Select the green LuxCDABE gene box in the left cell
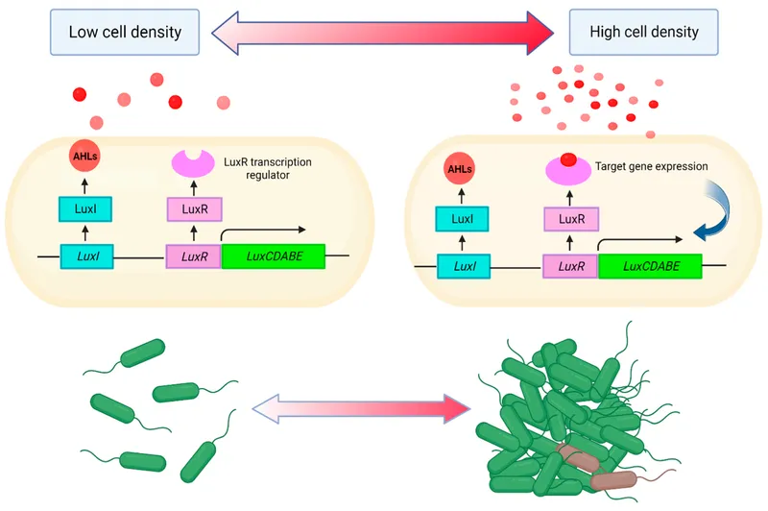click(274, 256)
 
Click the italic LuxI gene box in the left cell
click(87, 256)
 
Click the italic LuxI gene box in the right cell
click(465, 265)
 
